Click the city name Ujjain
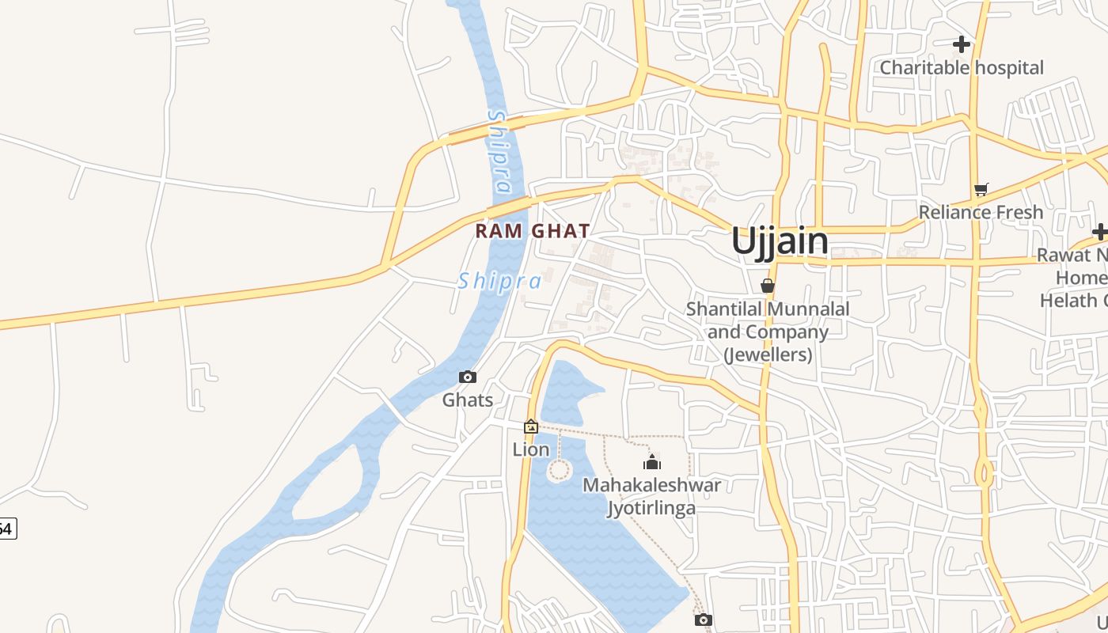[780, 241]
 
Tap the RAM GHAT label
[533, 231]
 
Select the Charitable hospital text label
[962, 68]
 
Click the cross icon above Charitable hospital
[962, 44]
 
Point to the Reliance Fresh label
[981, 212]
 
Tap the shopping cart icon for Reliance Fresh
[981, 189]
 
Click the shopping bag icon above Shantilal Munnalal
[767, 286]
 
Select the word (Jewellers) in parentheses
[768, 354]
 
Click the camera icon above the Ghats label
[468, 377]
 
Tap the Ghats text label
[468, 400]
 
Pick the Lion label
[530, 449]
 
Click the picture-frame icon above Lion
[530, 427]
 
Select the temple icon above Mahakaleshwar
[652, 462]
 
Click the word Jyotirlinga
[651, 507]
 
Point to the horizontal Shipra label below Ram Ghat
[499, 281]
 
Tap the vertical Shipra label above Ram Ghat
[499, 152]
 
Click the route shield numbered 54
[6, 529]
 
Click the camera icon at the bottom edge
[703, 620]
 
